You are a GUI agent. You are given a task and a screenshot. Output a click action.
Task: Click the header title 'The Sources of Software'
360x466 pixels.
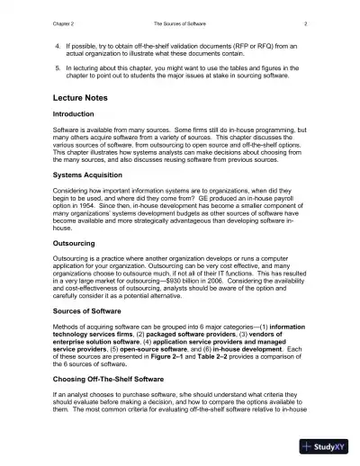coord(179,21)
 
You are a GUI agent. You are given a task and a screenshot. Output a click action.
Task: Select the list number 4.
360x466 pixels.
coord(58,44)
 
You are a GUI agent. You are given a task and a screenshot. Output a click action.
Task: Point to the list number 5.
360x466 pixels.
coord(58,67)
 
